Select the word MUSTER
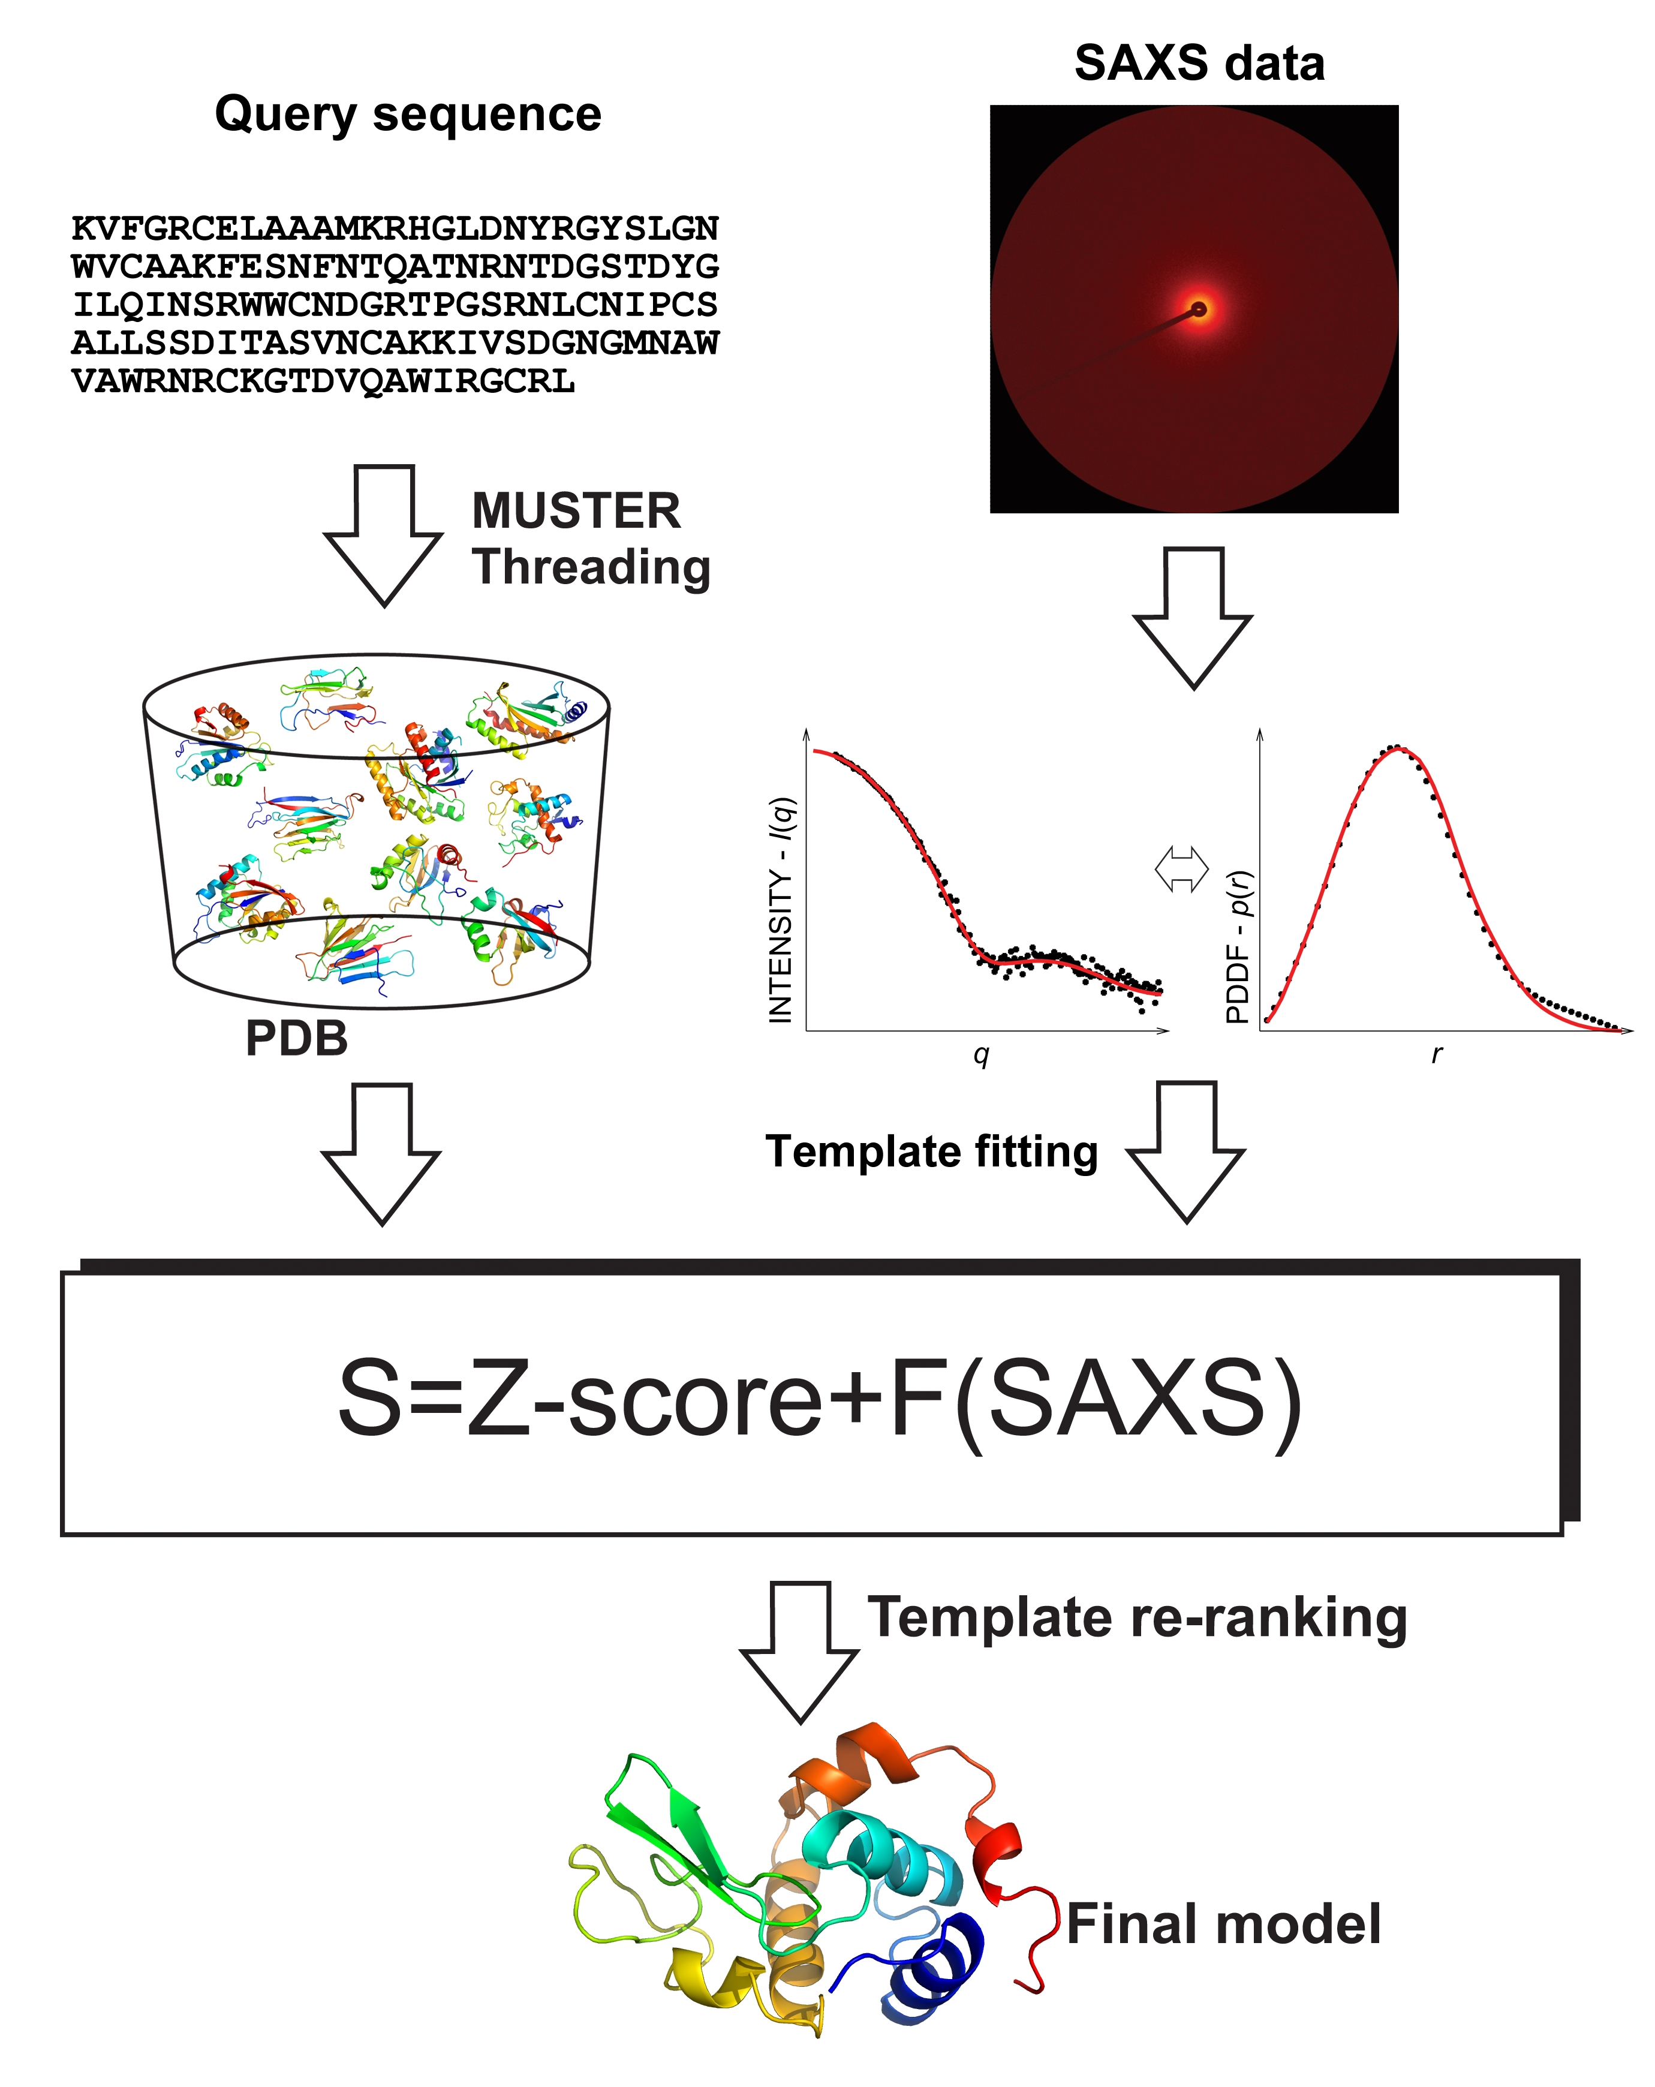[576, 510]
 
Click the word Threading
[591, 567]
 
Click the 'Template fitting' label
[931, 1152]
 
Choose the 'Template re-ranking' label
[1136, 1619]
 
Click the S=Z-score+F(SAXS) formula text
[819, 1399]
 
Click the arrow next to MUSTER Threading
[383, 536]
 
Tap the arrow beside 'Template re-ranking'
[799, 1652]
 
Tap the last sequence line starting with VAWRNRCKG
[323, 381]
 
